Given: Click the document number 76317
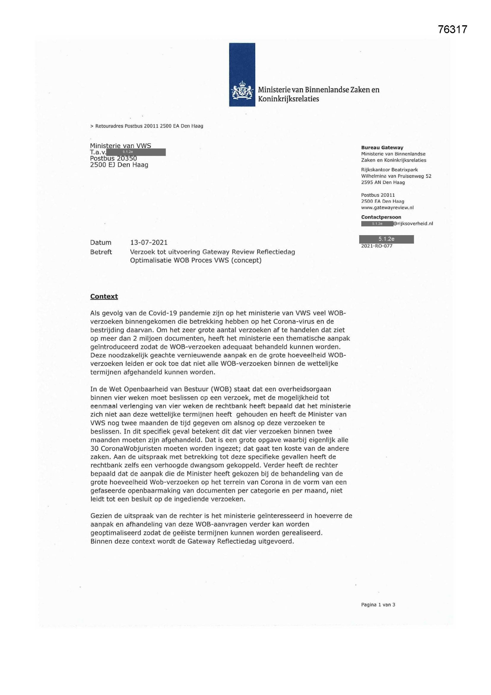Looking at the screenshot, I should point(453,29).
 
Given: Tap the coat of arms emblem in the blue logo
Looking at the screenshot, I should point(242,90).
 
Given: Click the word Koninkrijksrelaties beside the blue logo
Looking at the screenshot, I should point(288,99).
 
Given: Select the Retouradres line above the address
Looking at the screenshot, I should point(147,126).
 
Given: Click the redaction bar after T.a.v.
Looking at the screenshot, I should point(136,152).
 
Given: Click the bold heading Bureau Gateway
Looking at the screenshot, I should point(382,148).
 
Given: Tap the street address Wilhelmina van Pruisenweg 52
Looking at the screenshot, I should point(396,176).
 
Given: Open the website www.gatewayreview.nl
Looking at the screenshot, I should point(387,208).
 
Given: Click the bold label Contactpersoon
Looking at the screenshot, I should point(381,217).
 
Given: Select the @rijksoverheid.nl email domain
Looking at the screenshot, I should point(413,224).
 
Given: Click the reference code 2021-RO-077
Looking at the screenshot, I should point(377,246).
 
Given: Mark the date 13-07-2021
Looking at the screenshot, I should point(149,243).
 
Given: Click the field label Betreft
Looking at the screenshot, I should point(101,252).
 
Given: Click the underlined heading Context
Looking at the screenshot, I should point(104,296).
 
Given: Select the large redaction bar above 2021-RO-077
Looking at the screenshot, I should point(387,239).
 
